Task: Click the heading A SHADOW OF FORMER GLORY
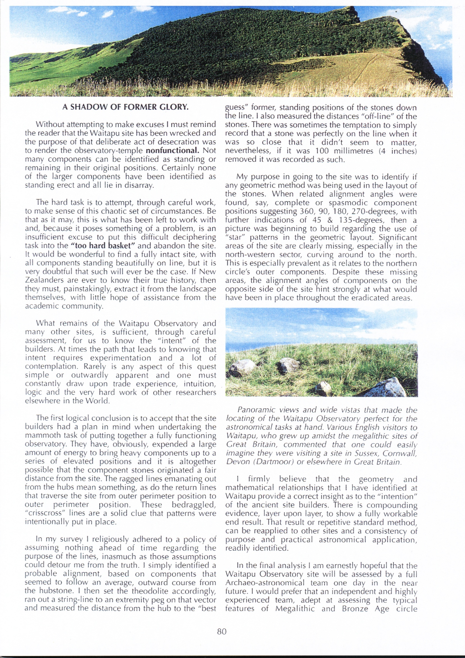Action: click(x=125, y=107)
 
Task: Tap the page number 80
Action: click(x=222, y=631)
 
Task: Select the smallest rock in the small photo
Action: click(x=324, y=388)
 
